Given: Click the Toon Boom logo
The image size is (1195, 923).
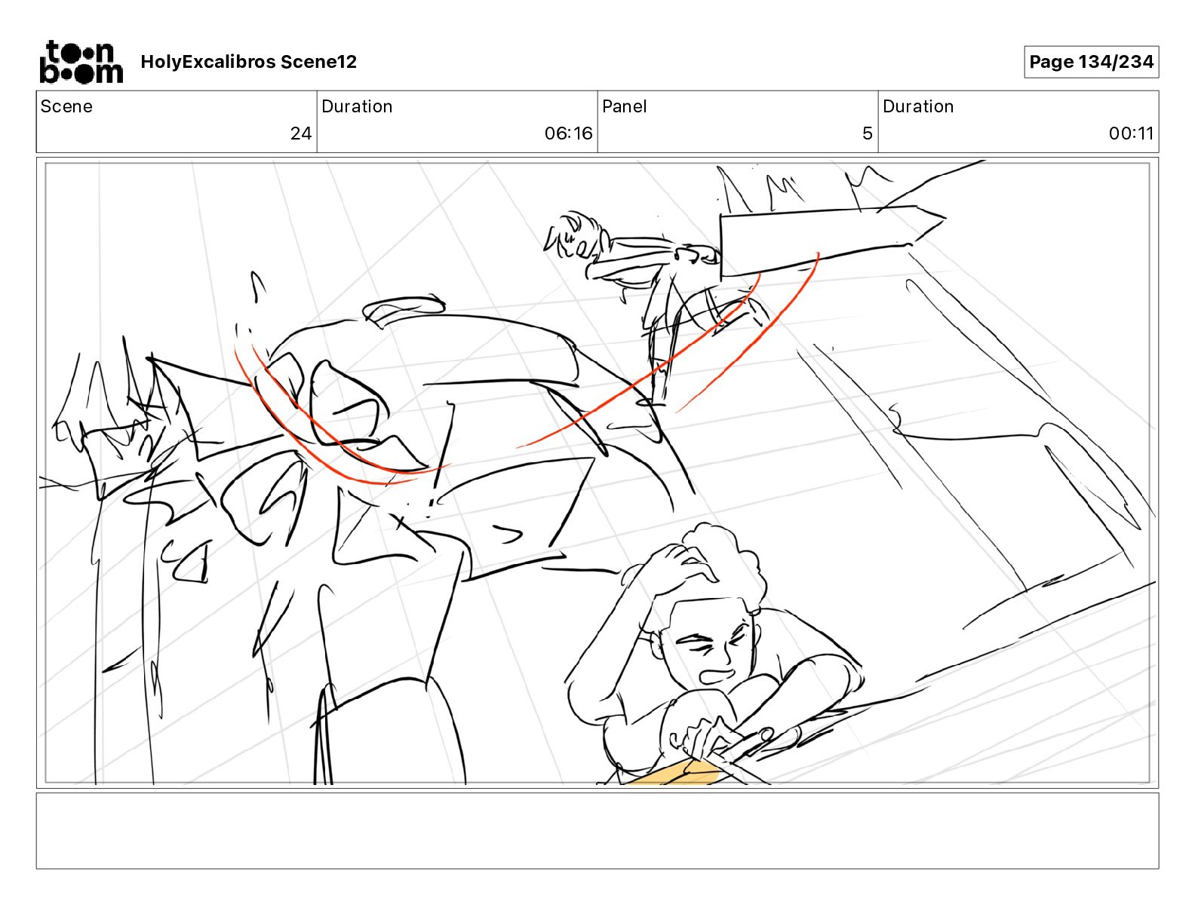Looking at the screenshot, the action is [x=81, y=62].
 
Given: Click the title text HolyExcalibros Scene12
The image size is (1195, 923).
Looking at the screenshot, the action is [x=248, y=62].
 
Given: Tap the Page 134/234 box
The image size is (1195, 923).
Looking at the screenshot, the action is [x=1091, y=62].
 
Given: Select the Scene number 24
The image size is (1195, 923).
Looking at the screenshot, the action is [x=301, y=133].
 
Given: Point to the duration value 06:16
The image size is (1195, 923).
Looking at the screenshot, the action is [x=568, y=133].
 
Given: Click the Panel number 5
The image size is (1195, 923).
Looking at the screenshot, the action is [x=868, y=133].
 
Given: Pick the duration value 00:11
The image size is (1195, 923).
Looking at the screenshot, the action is [x=1131, y=133].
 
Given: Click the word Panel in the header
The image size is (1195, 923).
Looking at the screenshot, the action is [x=624, y=106].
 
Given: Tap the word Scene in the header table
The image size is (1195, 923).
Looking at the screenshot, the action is [x=66, y=106].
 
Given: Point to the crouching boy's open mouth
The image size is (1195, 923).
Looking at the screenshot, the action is [x=717, y=675].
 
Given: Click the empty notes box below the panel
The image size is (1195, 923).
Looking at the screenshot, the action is [x=597, y=830].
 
